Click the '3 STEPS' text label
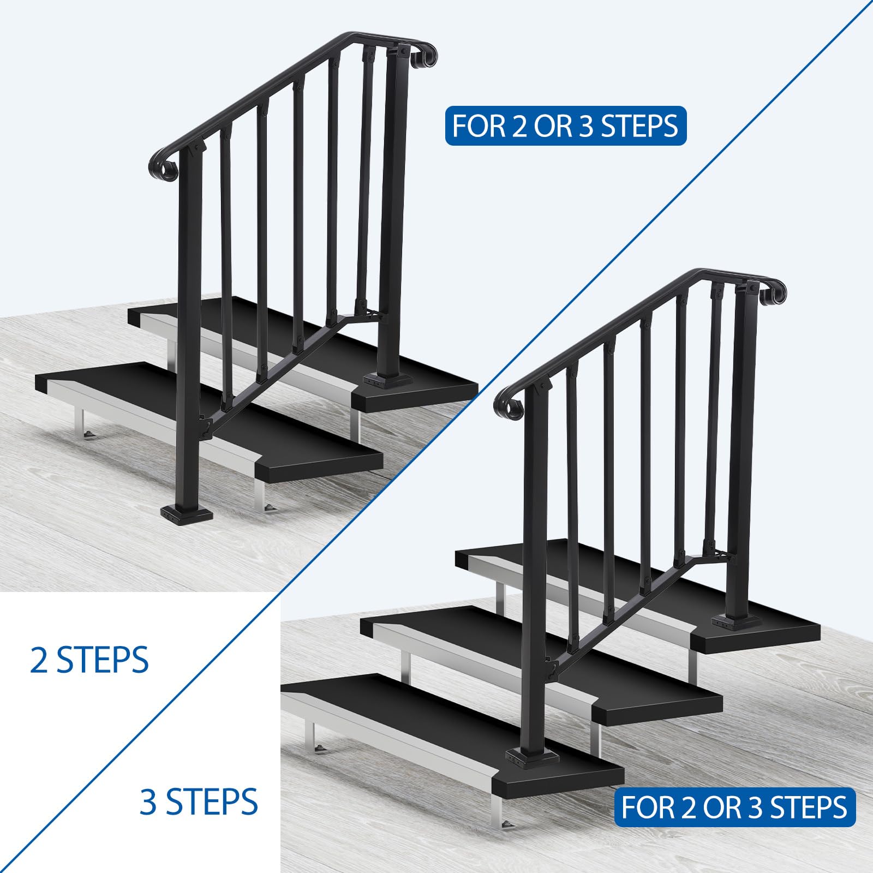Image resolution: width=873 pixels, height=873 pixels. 199,802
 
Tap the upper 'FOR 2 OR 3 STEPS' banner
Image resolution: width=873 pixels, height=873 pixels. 566,125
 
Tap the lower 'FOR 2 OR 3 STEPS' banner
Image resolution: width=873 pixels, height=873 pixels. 734,808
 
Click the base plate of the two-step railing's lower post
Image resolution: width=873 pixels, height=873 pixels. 187,513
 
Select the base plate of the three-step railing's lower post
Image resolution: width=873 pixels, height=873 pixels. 533,757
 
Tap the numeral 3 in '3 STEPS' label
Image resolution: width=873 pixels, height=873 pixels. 148,802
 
